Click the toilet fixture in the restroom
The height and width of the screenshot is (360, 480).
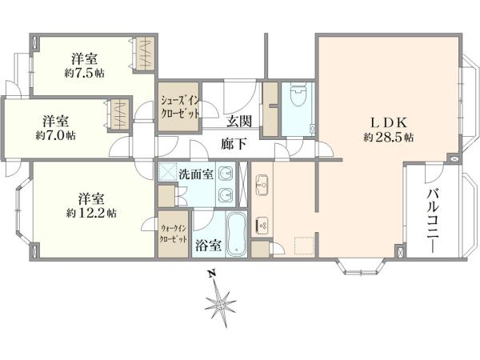[299, 94]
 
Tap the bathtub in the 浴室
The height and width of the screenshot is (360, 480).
[236, 234]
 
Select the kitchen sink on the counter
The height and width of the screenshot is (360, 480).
[262, 185]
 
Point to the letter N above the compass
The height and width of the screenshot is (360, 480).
[211, 274]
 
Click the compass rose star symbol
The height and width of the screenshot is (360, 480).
[221, 306]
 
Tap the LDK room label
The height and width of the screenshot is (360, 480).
[389, 122]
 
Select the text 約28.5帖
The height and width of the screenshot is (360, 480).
[389, 137]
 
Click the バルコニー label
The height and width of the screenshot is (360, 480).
[433, 220]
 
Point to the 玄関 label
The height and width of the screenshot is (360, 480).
[239, 122]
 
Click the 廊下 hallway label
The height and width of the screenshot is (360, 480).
[234, 144]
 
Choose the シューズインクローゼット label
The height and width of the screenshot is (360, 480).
[180, 106]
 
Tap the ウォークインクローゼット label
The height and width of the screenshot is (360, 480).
[174, 234]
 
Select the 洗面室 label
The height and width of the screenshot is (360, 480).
[196, 174]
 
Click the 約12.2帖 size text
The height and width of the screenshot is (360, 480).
[91, 213]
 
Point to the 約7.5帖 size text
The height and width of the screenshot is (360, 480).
[84, 73]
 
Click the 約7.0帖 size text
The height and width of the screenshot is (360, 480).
[55, 135]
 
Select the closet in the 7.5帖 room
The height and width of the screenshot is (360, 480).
[145, 54]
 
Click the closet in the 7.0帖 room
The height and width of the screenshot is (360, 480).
[120, 114]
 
